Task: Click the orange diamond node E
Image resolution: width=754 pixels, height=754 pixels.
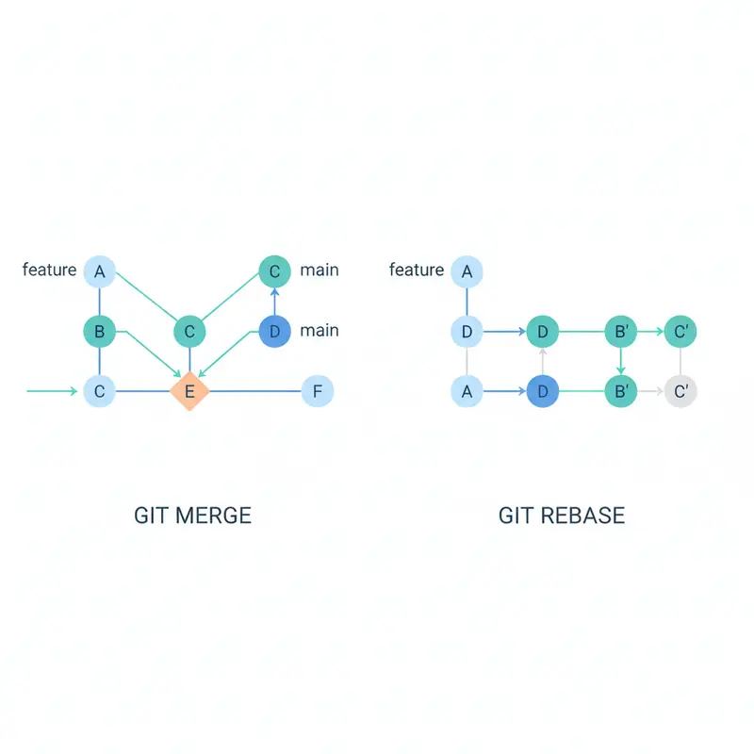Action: coord(189,390)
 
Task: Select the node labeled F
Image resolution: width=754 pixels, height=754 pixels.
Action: coord(318,390)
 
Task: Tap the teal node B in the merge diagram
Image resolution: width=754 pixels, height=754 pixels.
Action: coord(99,332)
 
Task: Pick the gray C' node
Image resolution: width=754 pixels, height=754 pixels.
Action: coord(680,390)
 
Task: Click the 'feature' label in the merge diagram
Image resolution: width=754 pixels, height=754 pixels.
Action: coord(49,270)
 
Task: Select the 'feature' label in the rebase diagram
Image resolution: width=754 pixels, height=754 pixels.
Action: coord(416,270)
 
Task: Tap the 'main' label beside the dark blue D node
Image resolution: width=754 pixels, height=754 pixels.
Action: coord(320,331)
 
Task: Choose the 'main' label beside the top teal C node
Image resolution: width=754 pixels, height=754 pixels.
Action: coord(320,270)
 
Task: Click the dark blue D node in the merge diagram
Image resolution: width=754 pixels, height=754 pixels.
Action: coord(274,332)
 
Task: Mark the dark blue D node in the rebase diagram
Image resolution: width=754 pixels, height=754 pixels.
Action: coord(543,390)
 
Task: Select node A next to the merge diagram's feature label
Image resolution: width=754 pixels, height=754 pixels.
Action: coord(99,272)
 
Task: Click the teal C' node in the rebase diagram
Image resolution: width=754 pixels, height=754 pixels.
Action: coord(680,332)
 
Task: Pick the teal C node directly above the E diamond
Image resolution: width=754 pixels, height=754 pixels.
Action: coord(189,332)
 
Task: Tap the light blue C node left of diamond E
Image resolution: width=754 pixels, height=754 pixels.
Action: coord(99,390)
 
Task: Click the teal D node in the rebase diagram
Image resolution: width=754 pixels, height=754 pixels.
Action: coord(543,332)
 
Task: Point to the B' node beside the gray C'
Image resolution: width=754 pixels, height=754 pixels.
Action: coord(621,390)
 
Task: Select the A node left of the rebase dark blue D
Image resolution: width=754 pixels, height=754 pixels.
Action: coord(467,390)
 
